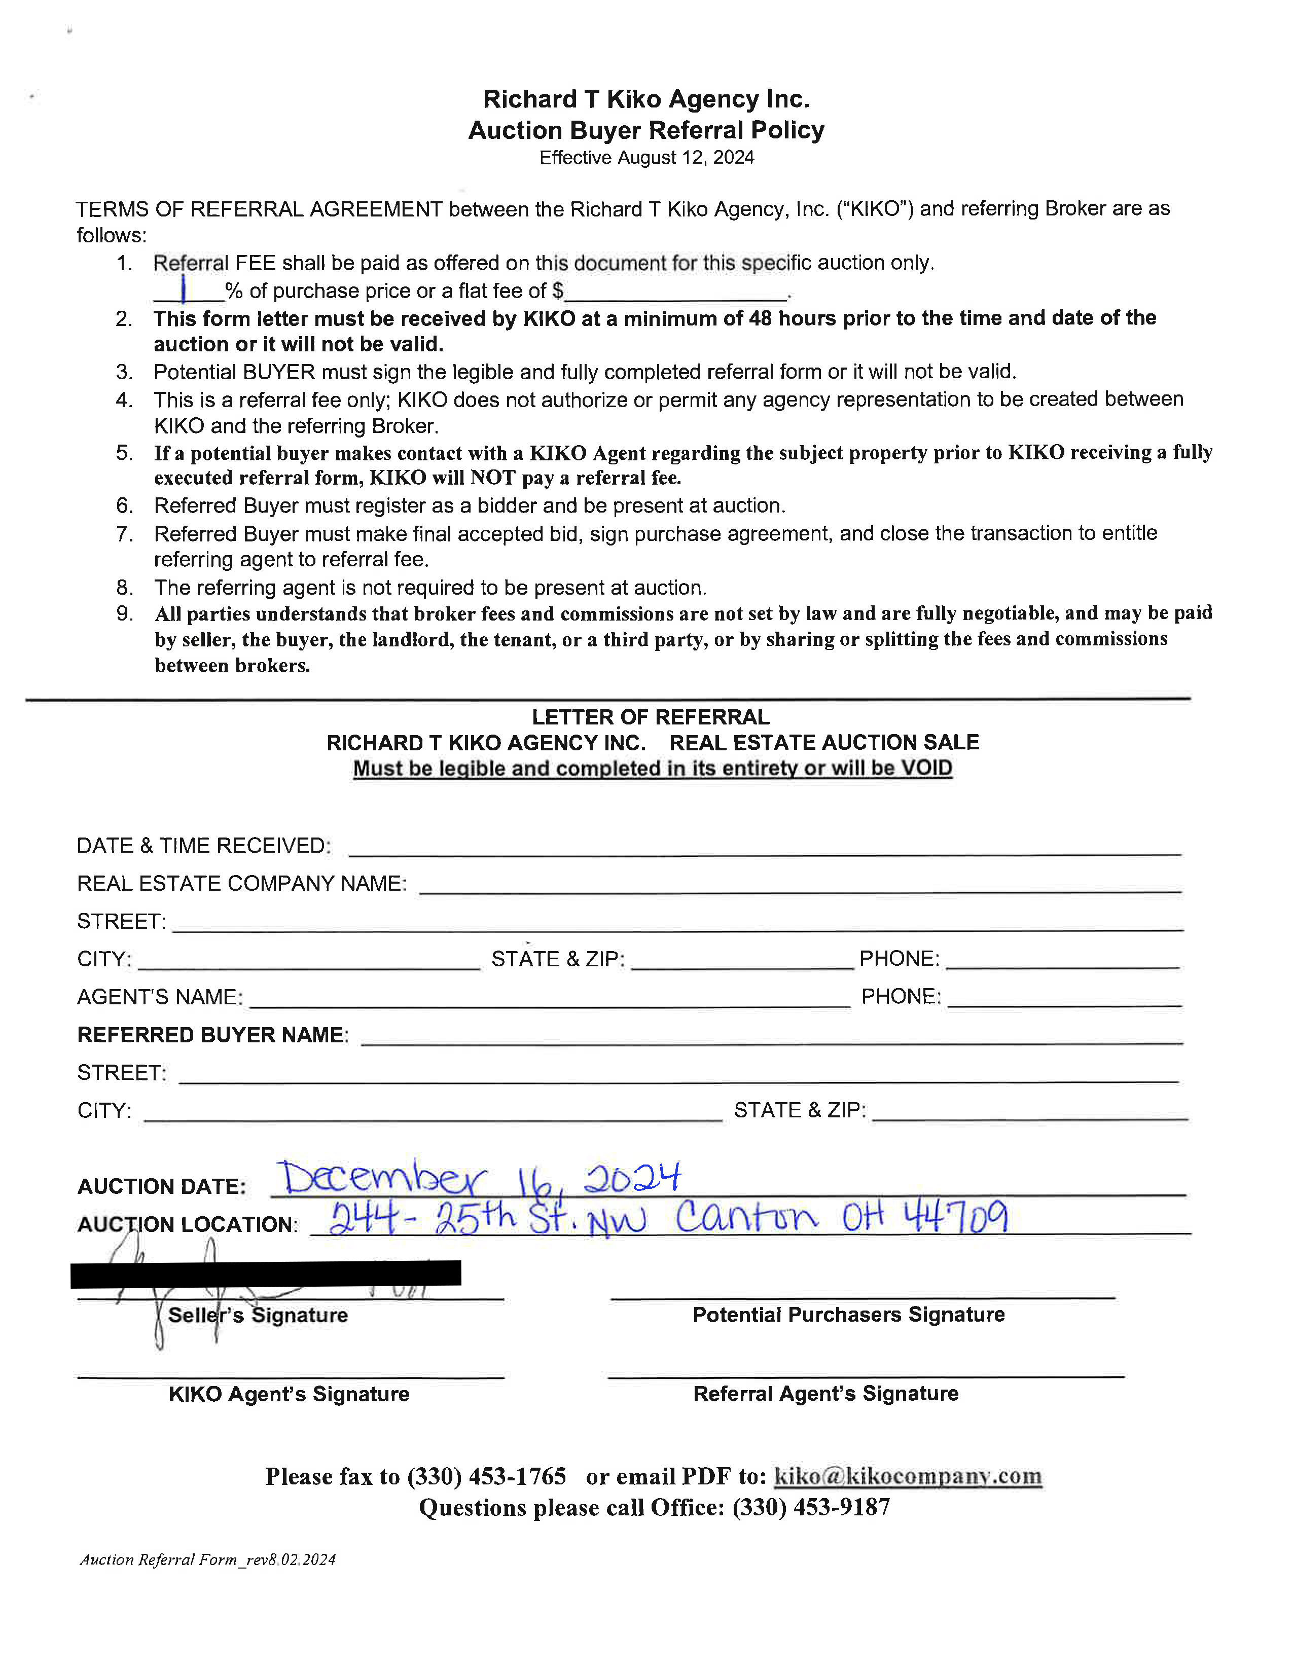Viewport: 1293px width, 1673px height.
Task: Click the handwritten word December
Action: [381, 1180]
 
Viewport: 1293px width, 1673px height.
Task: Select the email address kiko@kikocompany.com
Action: [908, 1476]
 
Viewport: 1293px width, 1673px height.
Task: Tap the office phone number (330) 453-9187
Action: [811, 1508]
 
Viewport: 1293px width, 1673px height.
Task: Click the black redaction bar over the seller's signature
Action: [265, 1273]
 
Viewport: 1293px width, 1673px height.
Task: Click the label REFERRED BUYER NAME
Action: [212, 1035]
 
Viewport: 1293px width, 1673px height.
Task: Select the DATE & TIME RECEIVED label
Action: [204, 846]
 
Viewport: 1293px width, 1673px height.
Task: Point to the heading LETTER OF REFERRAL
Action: [651, 717]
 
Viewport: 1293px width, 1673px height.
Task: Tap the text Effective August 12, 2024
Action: [646, 158]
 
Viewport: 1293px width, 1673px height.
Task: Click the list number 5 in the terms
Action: [124, 453]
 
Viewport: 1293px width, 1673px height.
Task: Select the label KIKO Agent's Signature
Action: [289, 1394]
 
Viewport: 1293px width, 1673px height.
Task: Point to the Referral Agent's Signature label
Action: [825, 1393]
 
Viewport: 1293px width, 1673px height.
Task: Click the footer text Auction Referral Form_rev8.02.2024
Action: [207, 1559]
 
